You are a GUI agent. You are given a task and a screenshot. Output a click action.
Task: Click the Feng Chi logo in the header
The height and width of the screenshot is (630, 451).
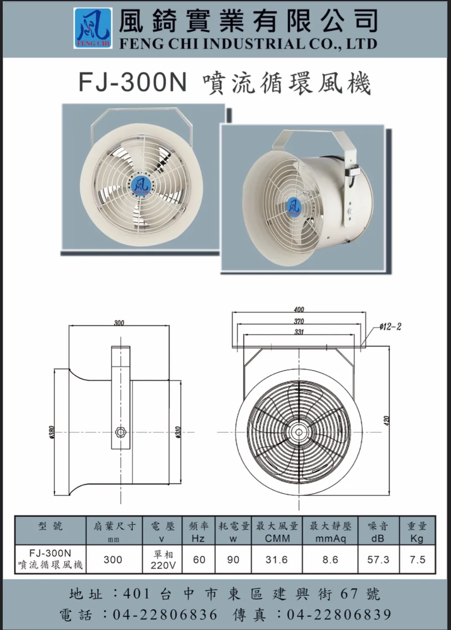point(93,28)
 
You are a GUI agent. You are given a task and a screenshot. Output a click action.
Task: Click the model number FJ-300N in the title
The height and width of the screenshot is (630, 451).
point(133,82)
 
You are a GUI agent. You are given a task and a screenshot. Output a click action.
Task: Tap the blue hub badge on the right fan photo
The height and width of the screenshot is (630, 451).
point(294,206)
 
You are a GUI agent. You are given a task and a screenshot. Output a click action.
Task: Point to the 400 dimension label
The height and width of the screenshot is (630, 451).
point(299,309)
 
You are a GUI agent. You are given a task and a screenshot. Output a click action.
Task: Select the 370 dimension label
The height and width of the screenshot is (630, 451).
point(299,321)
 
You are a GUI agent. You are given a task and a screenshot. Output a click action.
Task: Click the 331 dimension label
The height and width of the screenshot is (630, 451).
point(299,332)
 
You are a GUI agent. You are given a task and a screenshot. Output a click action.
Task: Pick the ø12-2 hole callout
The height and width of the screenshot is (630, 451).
point(390,327)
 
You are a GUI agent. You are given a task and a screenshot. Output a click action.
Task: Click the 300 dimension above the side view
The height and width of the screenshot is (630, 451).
point(119,322)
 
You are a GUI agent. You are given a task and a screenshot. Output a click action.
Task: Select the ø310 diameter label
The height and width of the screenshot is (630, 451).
point(178,432)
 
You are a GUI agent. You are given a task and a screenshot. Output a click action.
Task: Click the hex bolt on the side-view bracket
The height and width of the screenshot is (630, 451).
point(121,431)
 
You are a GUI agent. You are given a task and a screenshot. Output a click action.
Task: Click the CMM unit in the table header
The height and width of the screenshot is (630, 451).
point(278,544)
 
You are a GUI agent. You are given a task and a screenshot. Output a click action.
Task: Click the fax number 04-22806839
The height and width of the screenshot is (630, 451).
point(339,614)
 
